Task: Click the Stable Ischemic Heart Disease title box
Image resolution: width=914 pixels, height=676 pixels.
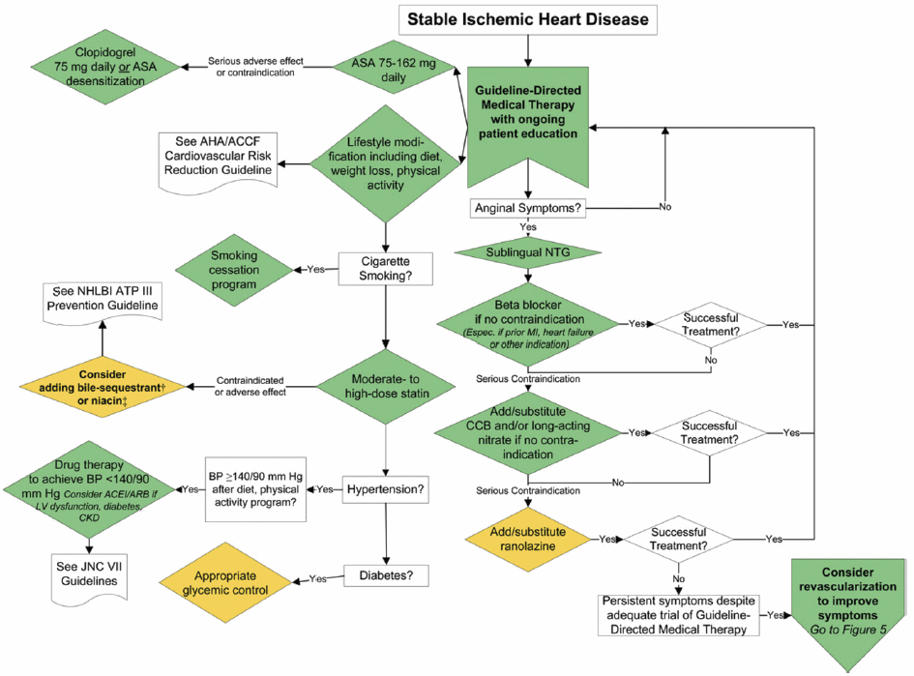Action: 527,19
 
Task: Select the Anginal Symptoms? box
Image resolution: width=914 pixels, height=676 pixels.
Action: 527,208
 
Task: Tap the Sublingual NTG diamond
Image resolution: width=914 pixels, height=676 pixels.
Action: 527,253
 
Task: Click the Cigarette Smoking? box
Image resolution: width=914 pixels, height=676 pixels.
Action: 385,269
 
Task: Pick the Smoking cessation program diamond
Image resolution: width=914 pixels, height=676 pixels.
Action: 234,270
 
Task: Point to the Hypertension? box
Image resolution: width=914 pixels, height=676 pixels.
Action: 385,489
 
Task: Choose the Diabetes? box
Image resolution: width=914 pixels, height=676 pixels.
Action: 386,575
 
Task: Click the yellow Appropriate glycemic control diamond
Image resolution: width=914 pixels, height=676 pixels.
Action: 225,583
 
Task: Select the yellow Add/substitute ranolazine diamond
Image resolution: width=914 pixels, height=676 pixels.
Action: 527,539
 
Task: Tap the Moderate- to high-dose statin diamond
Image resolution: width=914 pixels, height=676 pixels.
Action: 386,387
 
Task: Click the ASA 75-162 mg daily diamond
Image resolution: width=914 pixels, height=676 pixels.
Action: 394,70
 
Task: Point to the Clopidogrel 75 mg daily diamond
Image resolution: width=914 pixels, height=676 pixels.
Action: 104,67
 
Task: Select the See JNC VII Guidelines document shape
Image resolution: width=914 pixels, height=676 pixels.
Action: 89,578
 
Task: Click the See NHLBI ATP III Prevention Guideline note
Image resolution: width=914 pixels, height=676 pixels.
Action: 103,302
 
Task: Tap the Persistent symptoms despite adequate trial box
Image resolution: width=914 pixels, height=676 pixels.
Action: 679,615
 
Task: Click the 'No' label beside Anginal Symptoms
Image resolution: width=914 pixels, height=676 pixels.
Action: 665,207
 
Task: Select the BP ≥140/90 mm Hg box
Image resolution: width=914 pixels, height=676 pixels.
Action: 256,489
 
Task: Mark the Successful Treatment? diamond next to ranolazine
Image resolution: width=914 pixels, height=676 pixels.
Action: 679,539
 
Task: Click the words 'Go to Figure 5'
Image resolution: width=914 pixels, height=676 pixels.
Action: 848,630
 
